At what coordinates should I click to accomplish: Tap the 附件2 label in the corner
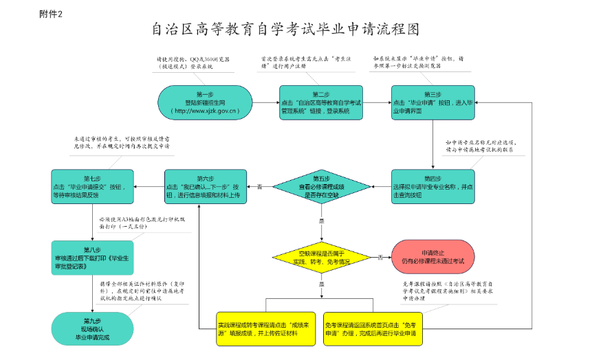(x=52, y=15)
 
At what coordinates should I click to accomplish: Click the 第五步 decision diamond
(x=320, y=186)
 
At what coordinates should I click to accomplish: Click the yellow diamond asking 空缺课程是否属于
(x=320, y=258)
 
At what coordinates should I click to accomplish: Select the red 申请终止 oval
(x=432, y=258)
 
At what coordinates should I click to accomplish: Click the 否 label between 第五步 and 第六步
(x=259, y=186)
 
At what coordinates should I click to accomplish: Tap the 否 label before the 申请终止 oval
(x=380, y=258)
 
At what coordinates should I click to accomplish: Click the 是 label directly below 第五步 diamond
(x=320, y=221)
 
